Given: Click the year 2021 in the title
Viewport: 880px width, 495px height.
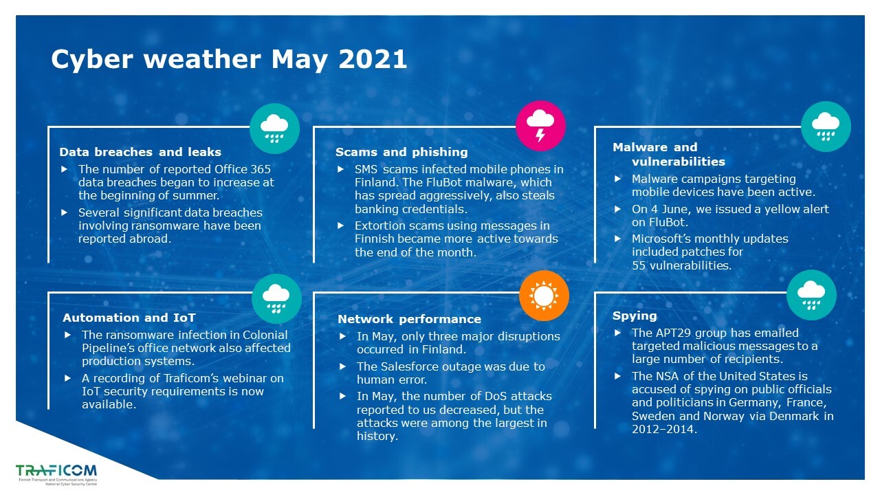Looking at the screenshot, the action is click(x=372, y=59).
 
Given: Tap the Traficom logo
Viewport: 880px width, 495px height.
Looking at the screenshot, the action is click(x=56, y=474).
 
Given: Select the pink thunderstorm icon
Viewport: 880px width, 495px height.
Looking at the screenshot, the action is click(x=540, y=126).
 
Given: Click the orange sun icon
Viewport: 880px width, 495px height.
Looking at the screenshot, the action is click(x=544, y=296).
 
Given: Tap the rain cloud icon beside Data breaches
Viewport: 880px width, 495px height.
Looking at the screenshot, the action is click(x=274, y=129).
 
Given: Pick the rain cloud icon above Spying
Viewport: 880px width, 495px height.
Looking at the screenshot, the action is click(x=811, y=295).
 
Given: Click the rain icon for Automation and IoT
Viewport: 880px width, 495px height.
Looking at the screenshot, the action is click(x=276, y=298).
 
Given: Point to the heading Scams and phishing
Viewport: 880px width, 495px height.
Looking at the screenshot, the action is click(x=401, y=152).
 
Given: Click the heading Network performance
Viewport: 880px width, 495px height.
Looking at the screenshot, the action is click(x=409, y=319).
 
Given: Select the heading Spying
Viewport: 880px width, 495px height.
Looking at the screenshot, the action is click(x=635, y=316).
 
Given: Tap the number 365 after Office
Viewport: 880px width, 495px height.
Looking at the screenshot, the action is click(x=261, y=169).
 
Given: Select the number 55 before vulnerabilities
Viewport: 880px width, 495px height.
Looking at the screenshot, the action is click(x=639, y=265).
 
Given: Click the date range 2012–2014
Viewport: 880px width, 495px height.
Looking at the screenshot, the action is click(x=664, y=429).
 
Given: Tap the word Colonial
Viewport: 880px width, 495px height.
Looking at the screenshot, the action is click(x=265, y=335).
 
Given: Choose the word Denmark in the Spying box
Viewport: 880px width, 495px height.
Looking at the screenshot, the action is click(x=793, y=416).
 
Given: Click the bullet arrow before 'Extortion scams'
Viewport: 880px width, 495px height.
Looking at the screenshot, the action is click(x=340, y=226).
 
